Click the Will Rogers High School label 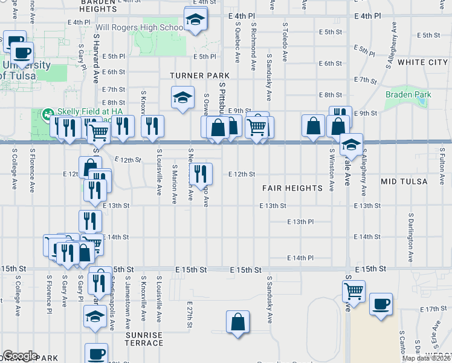pos(140,28)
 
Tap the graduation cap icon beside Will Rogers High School pos(195,21)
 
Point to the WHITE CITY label pos(422,62)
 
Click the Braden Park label pos(408,94)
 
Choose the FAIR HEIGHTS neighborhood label pos(292,188)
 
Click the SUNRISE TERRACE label pos(144,339)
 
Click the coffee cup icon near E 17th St pos(381,304)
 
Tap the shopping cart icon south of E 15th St pos(354,291)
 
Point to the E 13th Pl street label pos(300,221)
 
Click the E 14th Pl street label pos(300,258)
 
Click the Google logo pos(20,356)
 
